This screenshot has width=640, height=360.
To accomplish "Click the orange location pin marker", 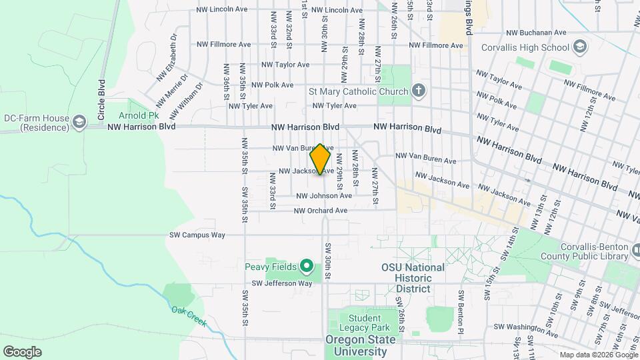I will click(321, 159).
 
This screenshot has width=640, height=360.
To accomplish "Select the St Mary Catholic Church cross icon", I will click(418, 91).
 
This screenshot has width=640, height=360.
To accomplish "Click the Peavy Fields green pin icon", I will click(307, 267).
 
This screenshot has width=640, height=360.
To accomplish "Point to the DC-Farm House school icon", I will click(80, 122).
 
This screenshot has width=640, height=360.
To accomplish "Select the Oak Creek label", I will click(189, 316).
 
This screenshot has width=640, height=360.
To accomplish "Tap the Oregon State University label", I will click(360, 345).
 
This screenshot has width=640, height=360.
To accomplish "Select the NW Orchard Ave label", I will click(321, 211).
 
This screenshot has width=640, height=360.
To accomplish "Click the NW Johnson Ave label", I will click(324, 196).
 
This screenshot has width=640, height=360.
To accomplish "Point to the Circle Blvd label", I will click(102, 100).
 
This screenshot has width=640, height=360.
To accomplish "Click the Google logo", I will click(22, 352).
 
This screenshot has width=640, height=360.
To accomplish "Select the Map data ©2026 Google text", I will click(597, 355).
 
